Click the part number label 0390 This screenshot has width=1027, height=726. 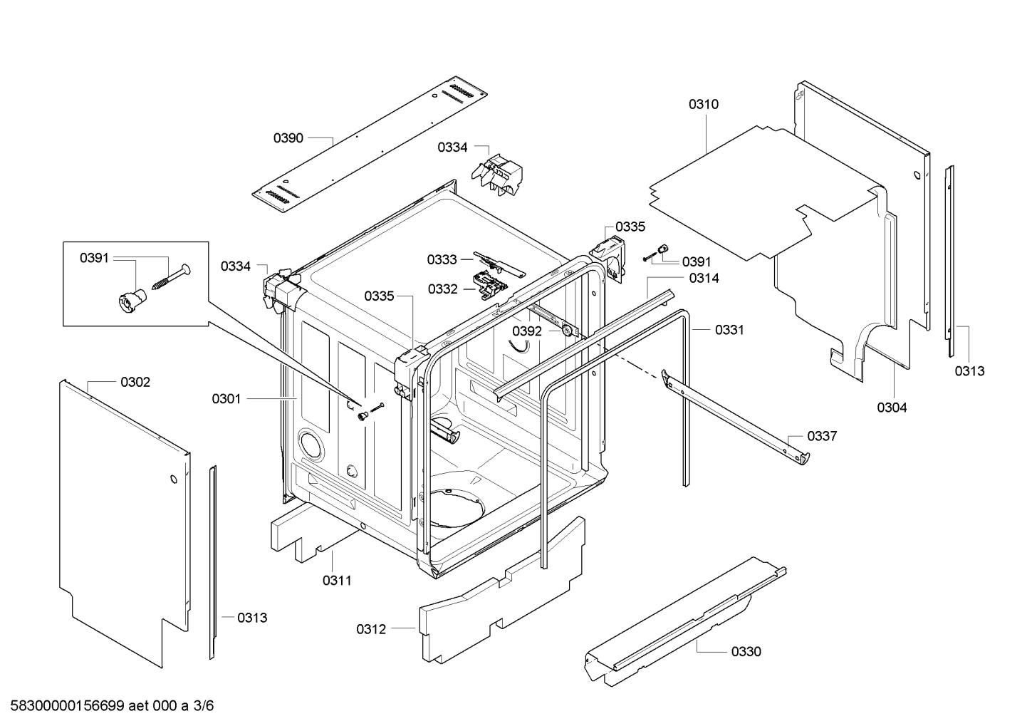point(288,138)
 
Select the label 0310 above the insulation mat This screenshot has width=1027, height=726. point(703,104)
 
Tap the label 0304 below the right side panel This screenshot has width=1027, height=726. point(892,408)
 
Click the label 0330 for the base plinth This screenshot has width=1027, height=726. point(746,651)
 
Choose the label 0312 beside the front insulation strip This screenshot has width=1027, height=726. point(371,629)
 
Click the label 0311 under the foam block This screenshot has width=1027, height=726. point(337,581)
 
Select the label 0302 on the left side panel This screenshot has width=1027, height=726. point(135,383)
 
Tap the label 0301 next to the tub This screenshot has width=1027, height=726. point(226,399)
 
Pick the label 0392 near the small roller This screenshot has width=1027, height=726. point(527,331)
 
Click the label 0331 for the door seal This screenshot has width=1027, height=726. point(729,330)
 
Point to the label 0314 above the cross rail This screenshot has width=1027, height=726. point(704,279)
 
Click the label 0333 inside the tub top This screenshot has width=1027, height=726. point(442,259)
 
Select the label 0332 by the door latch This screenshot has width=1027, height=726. point(443,289)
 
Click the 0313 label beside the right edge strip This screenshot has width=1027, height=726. point(969,371)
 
